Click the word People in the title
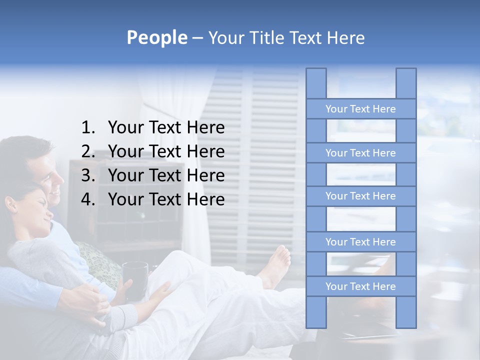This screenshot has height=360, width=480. [157, 37]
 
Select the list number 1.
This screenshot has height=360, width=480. [87, 128]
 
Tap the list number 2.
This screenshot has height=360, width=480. [87, 151]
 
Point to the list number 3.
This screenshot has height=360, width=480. [87, 175]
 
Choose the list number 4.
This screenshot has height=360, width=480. [87, 199]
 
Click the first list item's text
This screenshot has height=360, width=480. [166, 128]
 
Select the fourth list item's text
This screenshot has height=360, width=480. [166, 199]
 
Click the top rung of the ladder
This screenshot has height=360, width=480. [360, 109]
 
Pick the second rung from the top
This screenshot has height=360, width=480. [360, 153]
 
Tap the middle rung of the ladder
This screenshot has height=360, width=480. [360, 196]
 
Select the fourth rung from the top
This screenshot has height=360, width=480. [360, 242]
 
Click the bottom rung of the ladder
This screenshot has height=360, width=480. [360, 286]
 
